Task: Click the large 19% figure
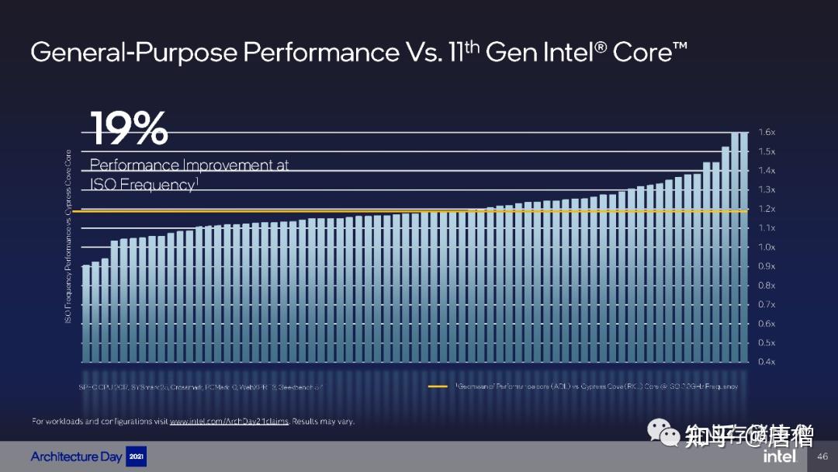coord(130,130)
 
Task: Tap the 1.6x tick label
coord(766,133)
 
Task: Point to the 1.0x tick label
coord(766,247)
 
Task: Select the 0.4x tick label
coord(766,362)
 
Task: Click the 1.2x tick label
coord(766,209)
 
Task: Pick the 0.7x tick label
coord(766,304)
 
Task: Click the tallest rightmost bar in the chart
coord(744,248)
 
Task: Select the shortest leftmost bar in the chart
coord(86,314)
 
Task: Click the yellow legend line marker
coord(438,387)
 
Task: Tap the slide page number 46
coord(823,457)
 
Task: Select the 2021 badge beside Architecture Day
coord(135,456)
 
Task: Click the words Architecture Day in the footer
coord(76,456)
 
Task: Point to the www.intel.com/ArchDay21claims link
coord(229,422)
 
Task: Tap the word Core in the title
coord(640,53)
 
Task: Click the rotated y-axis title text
coord(68,237)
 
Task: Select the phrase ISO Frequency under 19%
coord(140,185)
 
